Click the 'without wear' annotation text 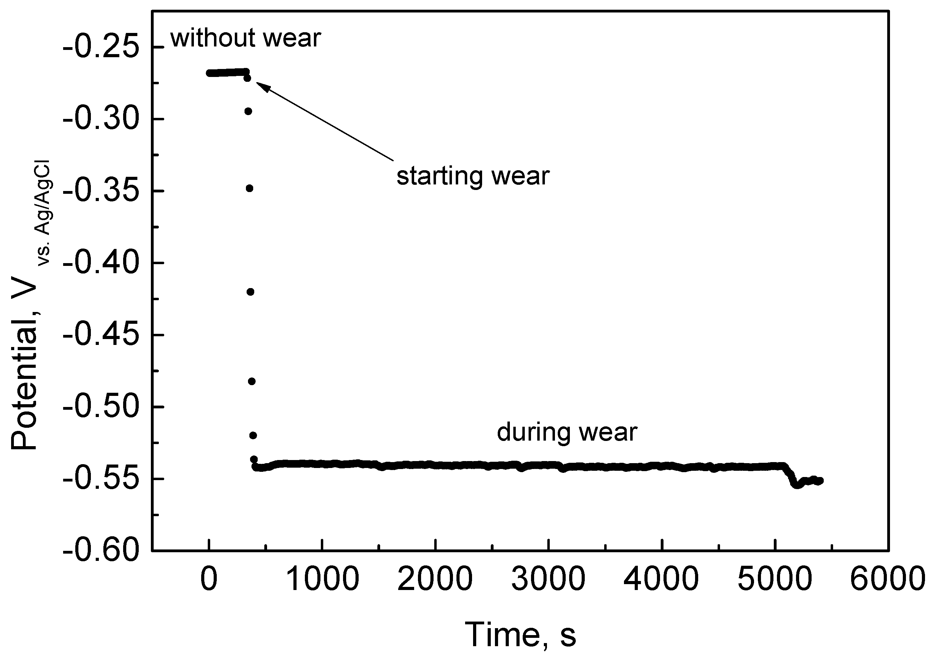pyautogui.click(x=246, y=38)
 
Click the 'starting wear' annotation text pyautogui.click(x=473, y=176)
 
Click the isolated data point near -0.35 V pyautogui.click(x=249, y=188)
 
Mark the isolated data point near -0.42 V pyautogui.click(x=251, y=292)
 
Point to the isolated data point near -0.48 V pyautogui.click(x=251, y=381)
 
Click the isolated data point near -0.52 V pyautogui.click(x=253, y=436)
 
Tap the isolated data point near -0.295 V pyautogui.click(x=248, y=111)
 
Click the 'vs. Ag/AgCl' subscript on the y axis pyautogui.click(x=44, y=213)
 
